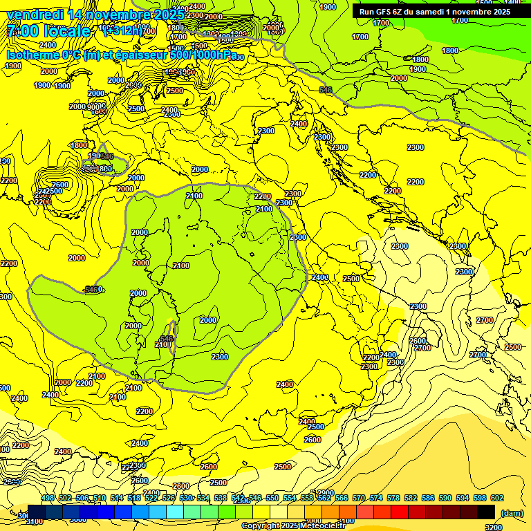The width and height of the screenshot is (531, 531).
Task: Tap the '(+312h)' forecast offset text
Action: tap(123, 30)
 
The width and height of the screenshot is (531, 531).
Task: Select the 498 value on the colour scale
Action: tap(48, 499)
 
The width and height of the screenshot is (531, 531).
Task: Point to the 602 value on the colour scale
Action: tap(496, 499)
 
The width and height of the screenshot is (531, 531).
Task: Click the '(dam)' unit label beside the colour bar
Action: tap(512, 513)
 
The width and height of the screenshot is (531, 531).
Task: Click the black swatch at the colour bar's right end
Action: tap(486, 512)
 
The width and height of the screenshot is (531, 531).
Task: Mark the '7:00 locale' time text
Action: tap(48, 31)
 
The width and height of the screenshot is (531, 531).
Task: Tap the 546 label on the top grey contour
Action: tap(326, 90)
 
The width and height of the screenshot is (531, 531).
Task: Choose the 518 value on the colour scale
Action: tap(134, 499)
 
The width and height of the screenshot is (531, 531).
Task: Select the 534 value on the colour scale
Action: tap(203, 499)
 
